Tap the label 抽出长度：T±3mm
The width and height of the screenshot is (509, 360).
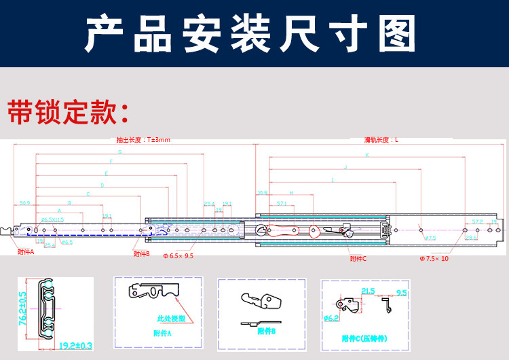143,140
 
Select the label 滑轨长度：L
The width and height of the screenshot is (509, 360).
381,140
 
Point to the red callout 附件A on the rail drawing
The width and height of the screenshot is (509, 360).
26,251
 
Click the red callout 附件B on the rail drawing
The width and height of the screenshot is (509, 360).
142,253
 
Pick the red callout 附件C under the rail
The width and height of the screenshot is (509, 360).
358,259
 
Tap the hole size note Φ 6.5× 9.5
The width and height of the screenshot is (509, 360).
178,256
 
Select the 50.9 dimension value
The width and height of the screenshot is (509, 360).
25,203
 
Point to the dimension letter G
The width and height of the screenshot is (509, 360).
119,152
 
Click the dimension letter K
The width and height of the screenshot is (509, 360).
366,155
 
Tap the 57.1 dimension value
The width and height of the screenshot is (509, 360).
282,203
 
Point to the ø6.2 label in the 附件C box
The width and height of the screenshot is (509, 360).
332,318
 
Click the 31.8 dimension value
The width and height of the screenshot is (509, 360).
262,193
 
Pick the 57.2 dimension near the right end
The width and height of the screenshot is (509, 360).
478,221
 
